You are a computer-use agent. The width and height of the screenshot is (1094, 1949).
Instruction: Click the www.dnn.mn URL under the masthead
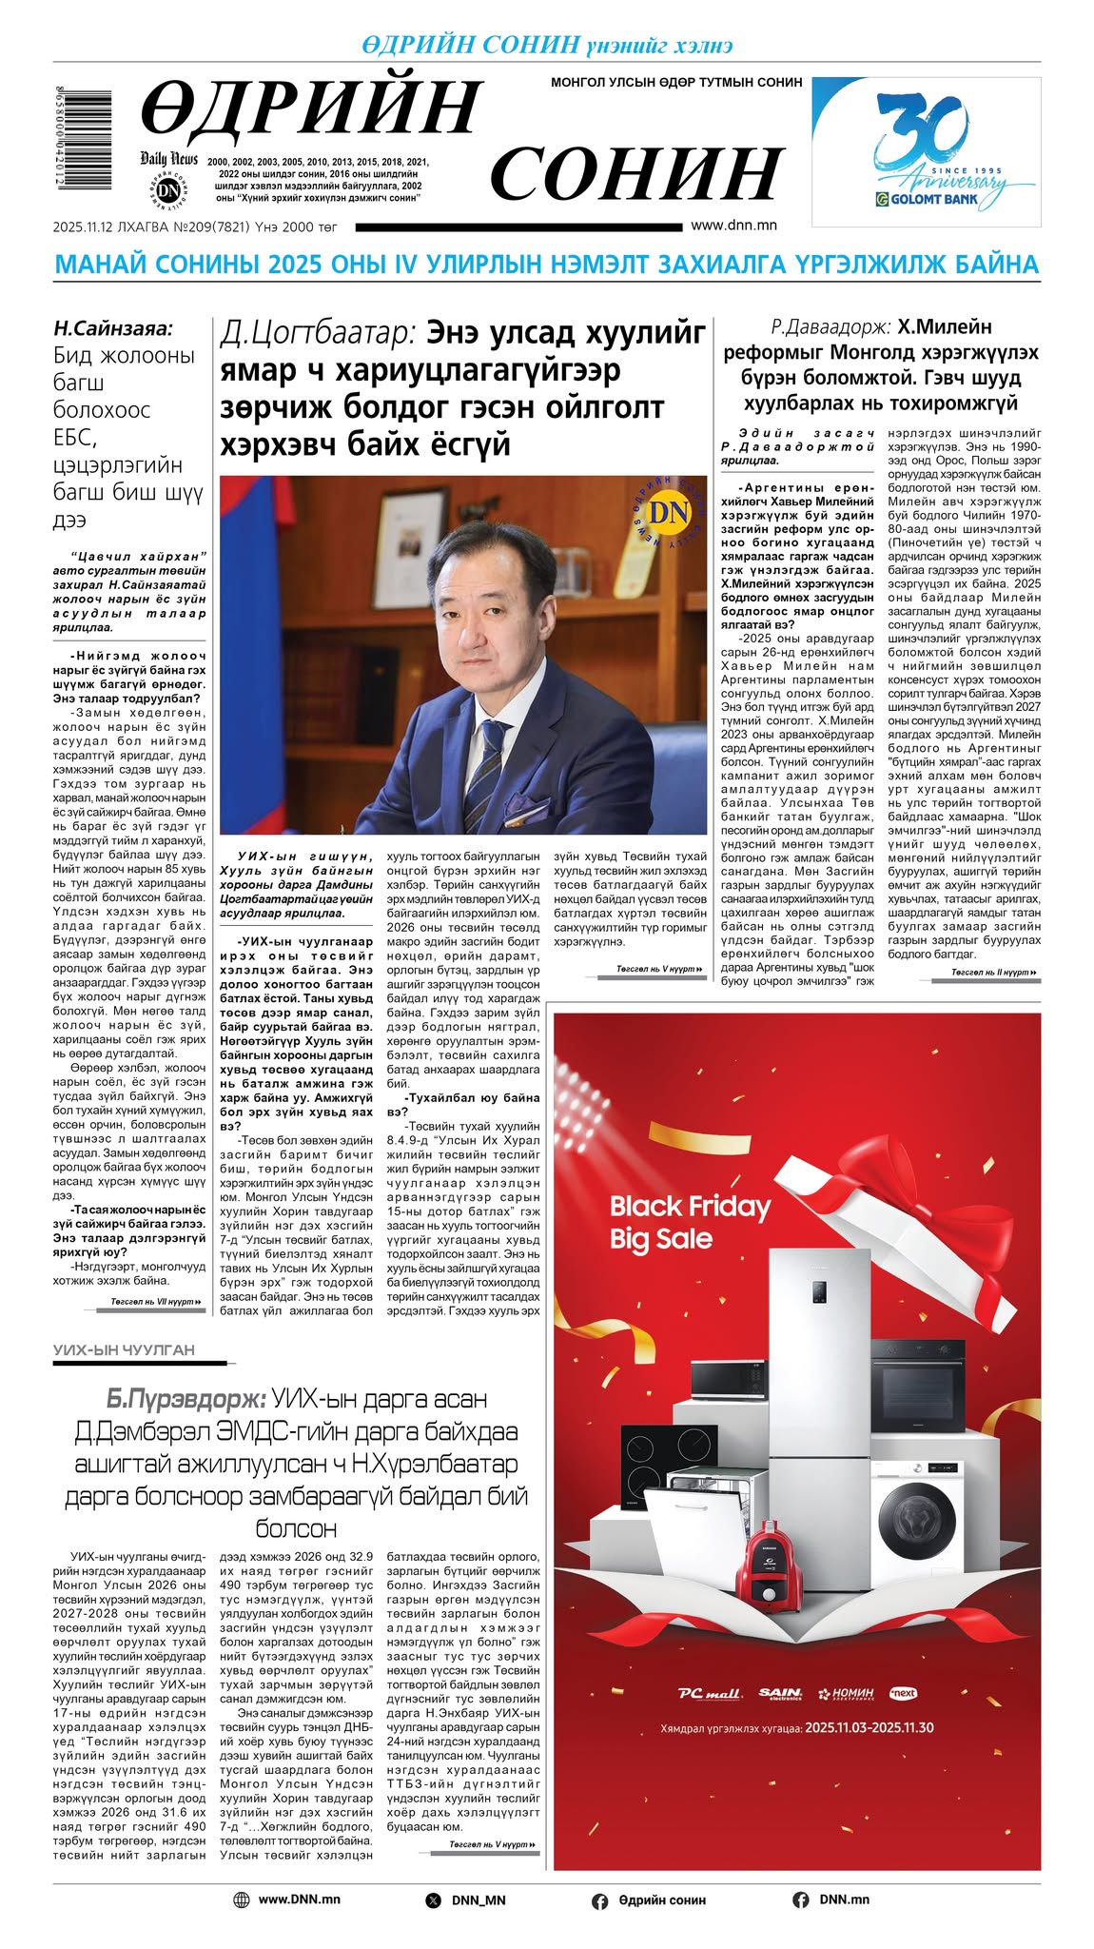point(733,226)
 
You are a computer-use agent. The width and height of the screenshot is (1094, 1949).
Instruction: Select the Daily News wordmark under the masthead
point(168,159)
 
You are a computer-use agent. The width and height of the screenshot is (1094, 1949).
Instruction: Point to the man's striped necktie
point(493,757)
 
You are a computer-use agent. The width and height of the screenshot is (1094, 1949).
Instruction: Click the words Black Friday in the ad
point(690,1207)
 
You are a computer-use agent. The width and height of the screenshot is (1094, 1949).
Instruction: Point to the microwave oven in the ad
point(728,1380)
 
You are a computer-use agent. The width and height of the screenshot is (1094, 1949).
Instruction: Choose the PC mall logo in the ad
point(710,1693)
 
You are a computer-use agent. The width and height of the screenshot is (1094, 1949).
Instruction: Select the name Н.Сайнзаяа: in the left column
point(113,328)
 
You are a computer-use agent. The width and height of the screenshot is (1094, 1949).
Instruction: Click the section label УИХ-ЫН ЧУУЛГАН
point(124,1349)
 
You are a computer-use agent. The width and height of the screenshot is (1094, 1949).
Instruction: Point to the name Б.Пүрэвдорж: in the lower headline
point(186,1399)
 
